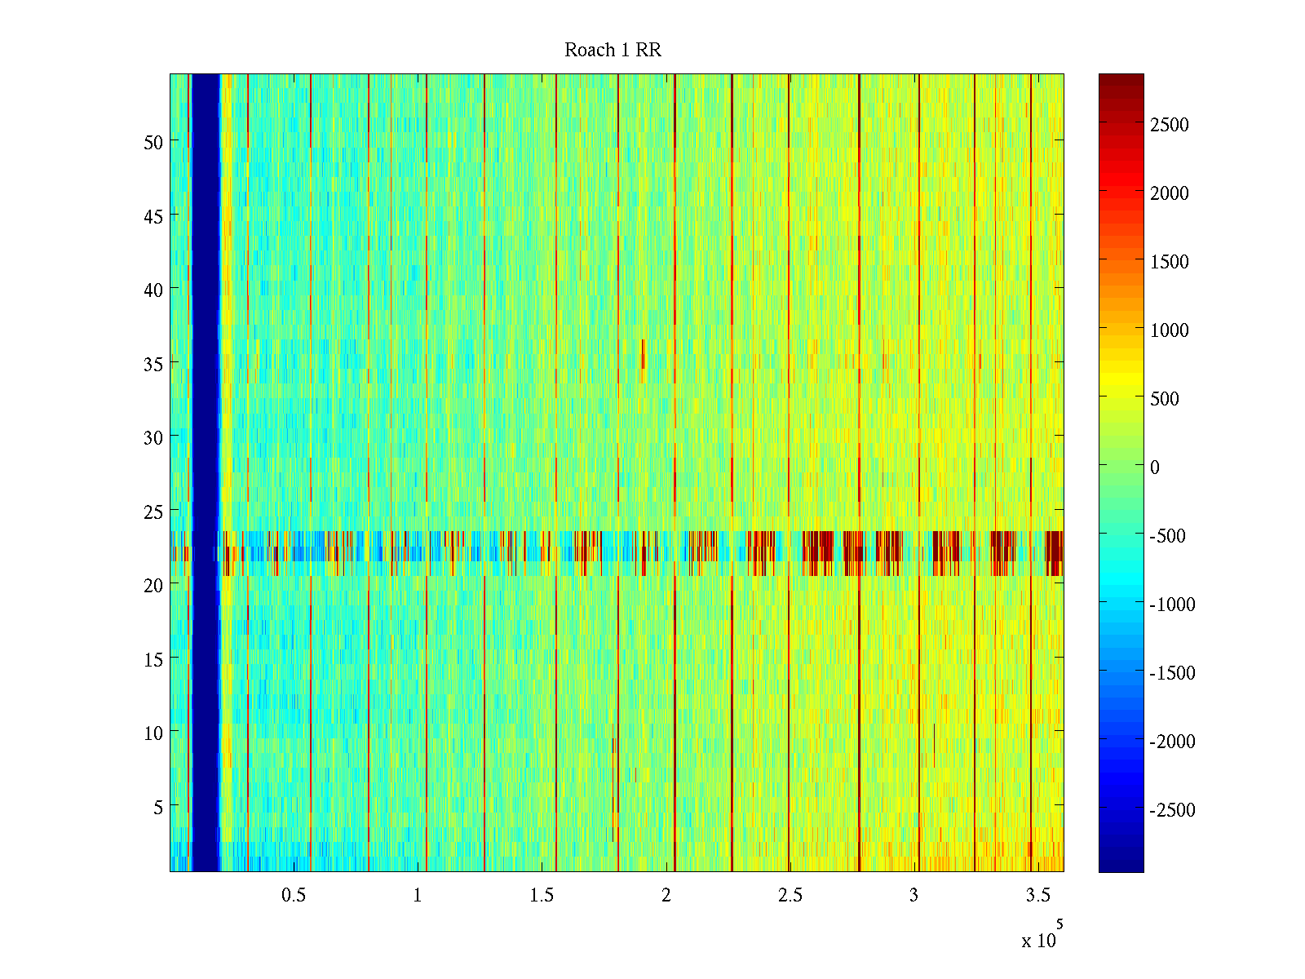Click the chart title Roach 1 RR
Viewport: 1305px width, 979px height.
(613, 51)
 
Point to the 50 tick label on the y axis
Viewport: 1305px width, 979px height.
(153, 142)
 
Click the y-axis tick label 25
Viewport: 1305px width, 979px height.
(153, 512)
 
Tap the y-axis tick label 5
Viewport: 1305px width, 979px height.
(158, 807)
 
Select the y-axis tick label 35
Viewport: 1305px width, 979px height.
(153, 364)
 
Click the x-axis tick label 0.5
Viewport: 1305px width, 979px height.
(294, 896)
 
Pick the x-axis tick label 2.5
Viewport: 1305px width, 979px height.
(790, 896)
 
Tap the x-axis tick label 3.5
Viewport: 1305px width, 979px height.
(1037, 896)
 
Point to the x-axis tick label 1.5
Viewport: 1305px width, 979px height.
(542, 896)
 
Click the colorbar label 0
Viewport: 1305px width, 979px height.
(1154, 467)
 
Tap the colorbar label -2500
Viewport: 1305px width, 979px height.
(1172, 810)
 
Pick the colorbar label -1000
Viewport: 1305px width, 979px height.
(1172, 605)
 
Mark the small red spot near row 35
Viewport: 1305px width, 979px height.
(643, 353)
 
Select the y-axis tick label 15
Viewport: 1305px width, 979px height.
(153, 659)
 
